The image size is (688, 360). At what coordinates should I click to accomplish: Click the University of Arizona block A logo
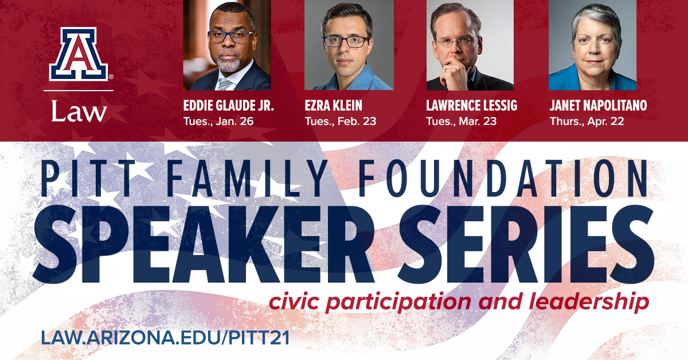[x=79, y=54]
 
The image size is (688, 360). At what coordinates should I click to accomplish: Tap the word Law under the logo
[x=79, y=112]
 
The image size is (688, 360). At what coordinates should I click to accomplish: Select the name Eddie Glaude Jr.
[x=229, y=105]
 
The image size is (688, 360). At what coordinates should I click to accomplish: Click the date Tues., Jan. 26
[x=218, y=122]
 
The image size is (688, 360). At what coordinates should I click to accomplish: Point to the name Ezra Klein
[x=334, y=105]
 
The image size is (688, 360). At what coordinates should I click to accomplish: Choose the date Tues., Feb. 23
[x=341, y=122]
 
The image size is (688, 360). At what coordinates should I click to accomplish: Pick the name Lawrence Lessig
[x=471, y=105]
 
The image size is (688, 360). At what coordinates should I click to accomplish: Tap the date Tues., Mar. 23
[x=462, y=122]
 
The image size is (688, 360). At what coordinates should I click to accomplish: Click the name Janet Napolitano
[x=599, y=105]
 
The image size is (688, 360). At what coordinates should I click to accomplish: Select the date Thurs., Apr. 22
[x=587, y=122]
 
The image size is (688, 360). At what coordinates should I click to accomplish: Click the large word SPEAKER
[x=204, y=244]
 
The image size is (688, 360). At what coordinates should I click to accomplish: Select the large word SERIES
[x=526, y=244]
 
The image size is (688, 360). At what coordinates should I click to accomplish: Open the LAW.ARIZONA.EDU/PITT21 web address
[x=165, y=338]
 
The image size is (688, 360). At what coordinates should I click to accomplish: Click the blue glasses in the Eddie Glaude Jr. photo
[x=230, y=37]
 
